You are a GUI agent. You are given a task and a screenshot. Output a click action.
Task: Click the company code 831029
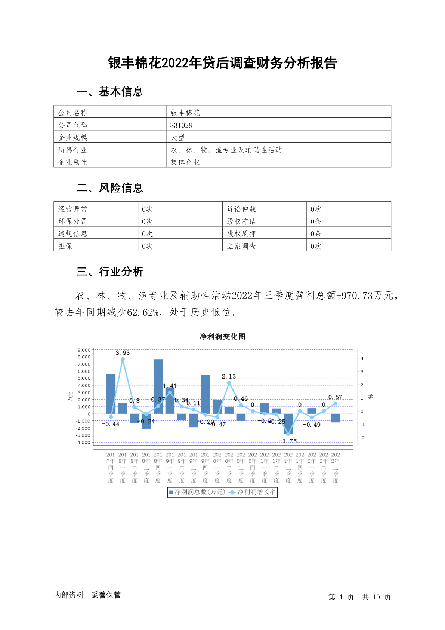point(181,125)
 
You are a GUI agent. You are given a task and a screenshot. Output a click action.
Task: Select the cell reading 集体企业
point(185,162)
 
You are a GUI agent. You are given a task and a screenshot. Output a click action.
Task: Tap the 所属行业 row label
point(72,150)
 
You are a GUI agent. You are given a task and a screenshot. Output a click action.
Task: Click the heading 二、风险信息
point(109,188)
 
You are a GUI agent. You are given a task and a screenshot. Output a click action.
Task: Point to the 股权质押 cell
point(241,234)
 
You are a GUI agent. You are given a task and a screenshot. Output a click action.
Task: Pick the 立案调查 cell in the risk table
point(241,246)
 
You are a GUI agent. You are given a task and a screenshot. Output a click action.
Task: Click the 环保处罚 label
point(72,221)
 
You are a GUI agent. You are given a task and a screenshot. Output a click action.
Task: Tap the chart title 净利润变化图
point(222,337)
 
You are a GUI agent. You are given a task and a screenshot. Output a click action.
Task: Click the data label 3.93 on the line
point(123,353)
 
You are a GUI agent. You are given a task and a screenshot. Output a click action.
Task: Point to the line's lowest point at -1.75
point(288,434)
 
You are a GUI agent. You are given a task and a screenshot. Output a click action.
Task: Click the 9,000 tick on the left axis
point(84,350)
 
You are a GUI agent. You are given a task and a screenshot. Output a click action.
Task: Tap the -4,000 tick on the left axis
point(83,443)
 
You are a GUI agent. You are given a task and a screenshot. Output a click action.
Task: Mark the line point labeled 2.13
point(229,383)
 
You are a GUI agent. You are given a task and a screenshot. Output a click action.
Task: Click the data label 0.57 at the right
point(335,397)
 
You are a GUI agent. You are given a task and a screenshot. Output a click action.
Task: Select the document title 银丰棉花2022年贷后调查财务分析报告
point(222,63)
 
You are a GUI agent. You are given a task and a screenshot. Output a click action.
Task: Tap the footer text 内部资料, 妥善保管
point(87,595)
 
